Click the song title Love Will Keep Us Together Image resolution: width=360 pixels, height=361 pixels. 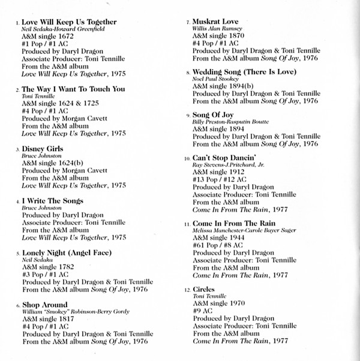(x=69, y=22)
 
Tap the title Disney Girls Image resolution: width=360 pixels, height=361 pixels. (x=42, y=148)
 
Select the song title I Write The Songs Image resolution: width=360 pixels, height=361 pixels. (x=52, y=200)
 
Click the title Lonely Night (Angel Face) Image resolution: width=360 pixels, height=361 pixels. (x=67, y=252)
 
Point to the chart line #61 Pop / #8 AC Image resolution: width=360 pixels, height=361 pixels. (x=222, y=246)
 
